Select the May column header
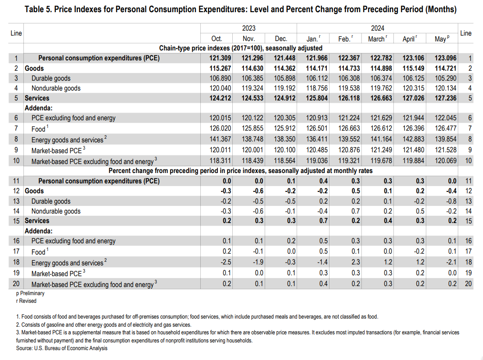pos(441,39)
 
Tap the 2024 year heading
pos(377,28)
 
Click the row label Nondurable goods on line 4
pos(56,88)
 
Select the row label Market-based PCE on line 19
pos(57,273)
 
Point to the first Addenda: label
pos(39,108)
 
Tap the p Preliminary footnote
pos(30,293)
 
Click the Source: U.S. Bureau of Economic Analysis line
pos(62,348)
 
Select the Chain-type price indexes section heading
pos(241,48)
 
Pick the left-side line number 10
pos(16,161)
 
